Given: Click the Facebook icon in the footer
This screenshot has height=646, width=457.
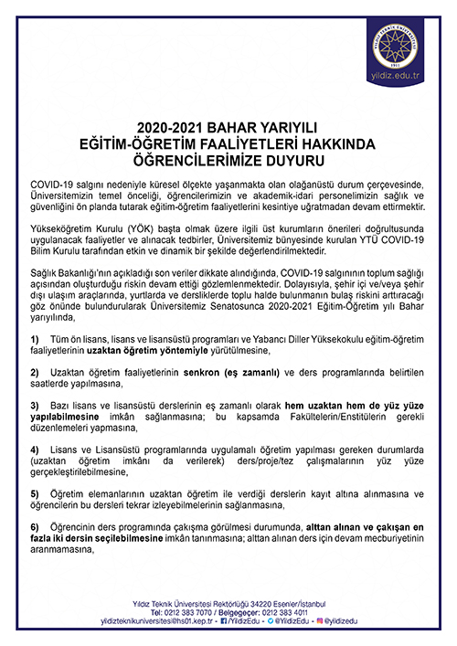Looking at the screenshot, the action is tap(227, 621).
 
